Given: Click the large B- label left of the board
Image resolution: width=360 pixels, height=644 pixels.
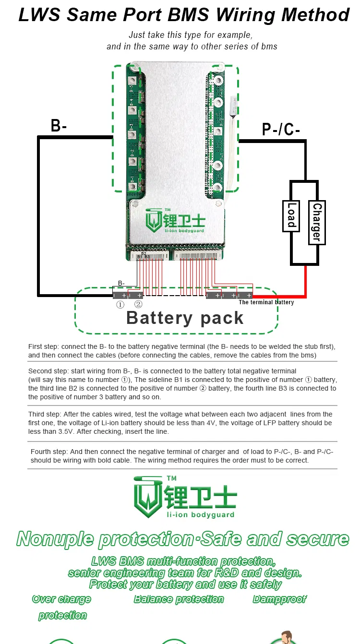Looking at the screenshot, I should pos(59,126).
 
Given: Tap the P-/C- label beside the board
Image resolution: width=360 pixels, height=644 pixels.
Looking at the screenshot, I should pos(281,130).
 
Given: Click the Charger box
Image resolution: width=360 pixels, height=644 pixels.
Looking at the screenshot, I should pos(317,222).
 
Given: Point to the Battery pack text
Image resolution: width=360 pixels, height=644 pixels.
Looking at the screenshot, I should pos(185,318).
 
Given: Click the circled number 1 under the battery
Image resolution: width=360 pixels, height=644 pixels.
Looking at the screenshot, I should pos(120,305).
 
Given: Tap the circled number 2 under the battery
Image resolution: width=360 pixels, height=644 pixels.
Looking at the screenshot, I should pos(138,305).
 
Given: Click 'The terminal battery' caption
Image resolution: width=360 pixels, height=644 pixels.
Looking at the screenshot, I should pos(266,302).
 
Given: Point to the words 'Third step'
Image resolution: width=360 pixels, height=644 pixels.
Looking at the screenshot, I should pos(45,414).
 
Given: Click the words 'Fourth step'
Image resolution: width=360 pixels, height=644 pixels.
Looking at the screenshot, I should pos(48,452).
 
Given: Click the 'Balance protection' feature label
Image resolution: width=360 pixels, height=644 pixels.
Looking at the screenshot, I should pos(179,599).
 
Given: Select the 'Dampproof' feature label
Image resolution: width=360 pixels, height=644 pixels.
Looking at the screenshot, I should pos(279,599).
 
